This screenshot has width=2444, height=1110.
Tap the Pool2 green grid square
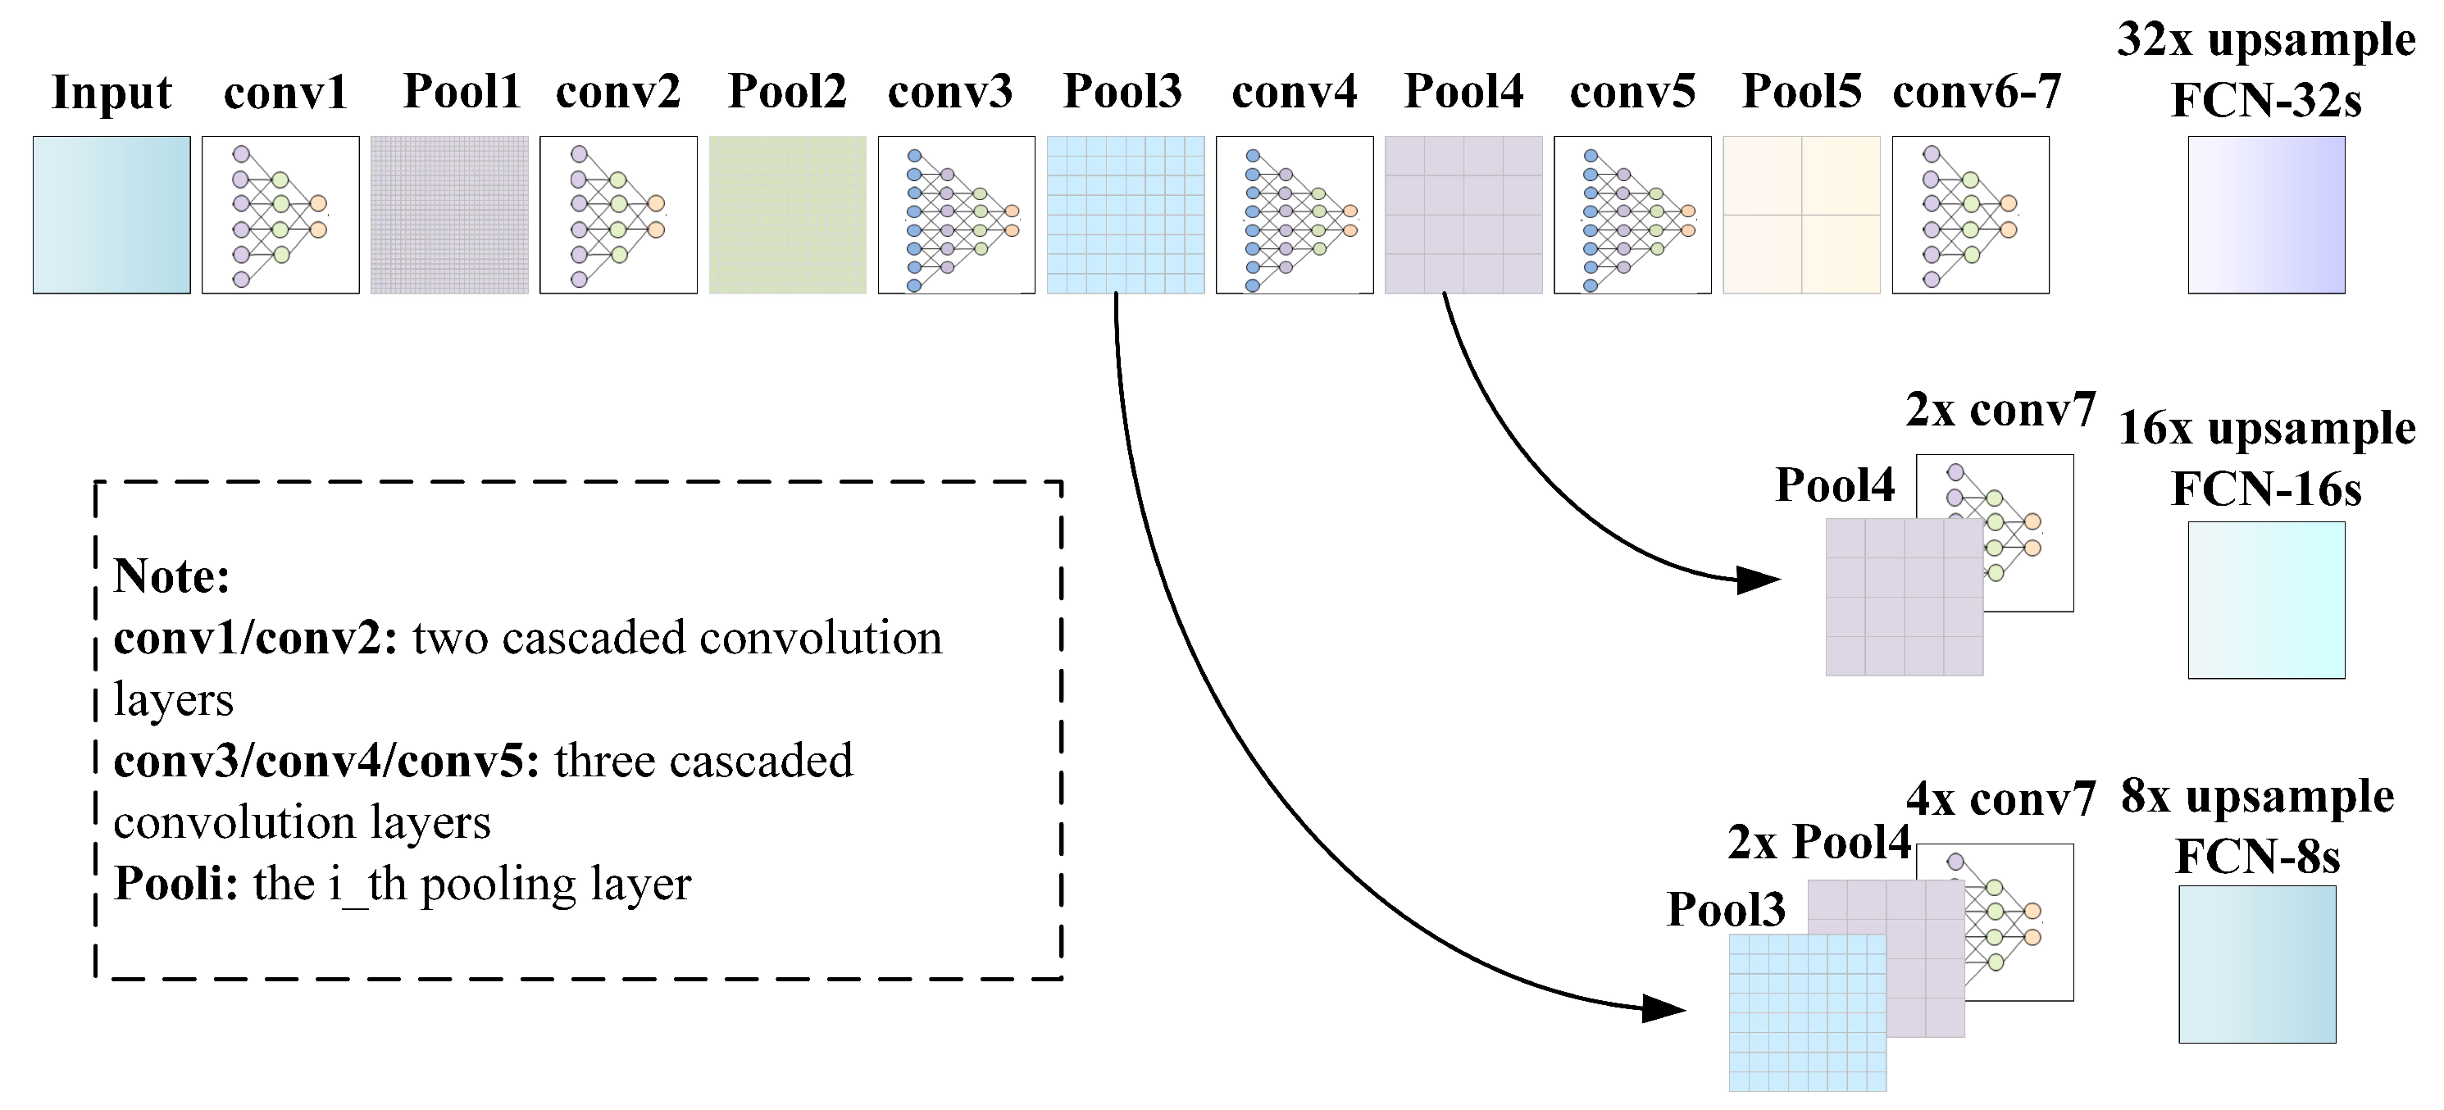coord(786,215)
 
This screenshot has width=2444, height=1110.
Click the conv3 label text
coord(949,93)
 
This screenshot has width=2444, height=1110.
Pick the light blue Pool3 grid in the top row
coord(1125,215)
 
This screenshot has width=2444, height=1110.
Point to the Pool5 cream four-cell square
coord(1800,215)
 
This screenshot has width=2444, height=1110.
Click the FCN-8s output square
coord(2256,964)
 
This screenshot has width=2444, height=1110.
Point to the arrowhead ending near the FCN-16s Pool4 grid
coord(1761,579)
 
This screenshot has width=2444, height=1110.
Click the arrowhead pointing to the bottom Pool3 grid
coord(1666,1008)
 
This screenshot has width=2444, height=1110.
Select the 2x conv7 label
coord(2000,410)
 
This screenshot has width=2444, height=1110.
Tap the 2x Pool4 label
coord(1818,843)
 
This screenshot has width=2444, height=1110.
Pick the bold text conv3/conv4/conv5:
coord(326,762)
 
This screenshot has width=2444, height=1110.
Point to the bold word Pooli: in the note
coord(175,885)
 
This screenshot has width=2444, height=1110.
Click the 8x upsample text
coord(2256,797)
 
